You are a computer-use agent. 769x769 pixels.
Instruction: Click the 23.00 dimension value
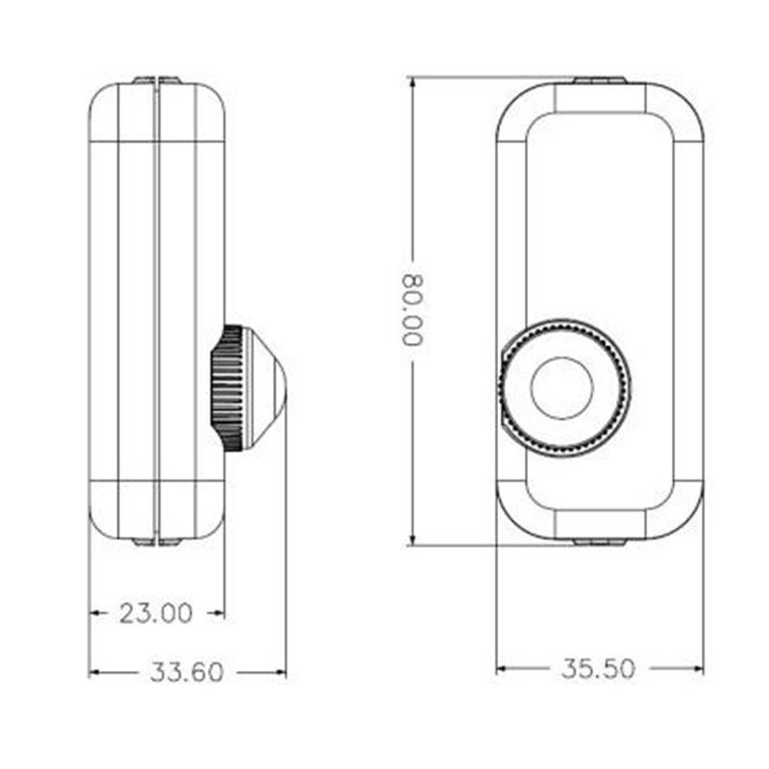(156, 613)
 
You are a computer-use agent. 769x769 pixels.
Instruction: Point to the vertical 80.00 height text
(412, 310)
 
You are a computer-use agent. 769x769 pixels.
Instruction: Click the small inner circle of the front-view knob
(562, 388)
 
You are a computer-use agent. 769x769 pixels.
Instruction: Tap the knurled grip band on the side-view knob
(227, 388)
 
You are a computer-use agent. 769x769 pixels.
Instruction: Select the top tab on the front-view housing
(598, 80)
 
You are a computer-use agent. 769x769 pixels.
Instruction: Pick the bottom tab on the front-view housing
(598, 542)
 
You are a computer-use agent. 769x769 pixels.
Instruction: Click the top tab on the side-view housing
(156, 81)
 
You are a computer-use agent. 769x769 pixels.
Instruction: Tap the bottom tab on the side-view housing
(156, 542)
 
